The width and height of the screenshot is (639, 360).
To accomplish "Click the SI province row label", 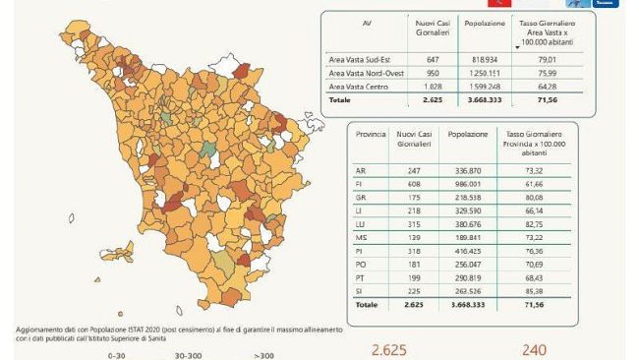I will (x=360, y=291).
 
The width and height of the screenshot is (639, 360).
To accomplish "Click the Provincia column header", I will (x=371, y=132).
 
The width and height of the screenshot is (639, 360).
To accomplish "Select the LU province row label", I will (x=360, y=223).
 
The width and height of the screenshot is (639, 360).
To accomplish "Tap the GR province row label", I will (x=360, y=197).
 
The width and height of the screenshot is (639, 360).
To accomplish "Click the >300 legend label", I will (x=264, y=354).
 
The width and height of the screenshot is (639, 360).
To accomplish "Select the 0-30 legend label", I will (x=119, y=354).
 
